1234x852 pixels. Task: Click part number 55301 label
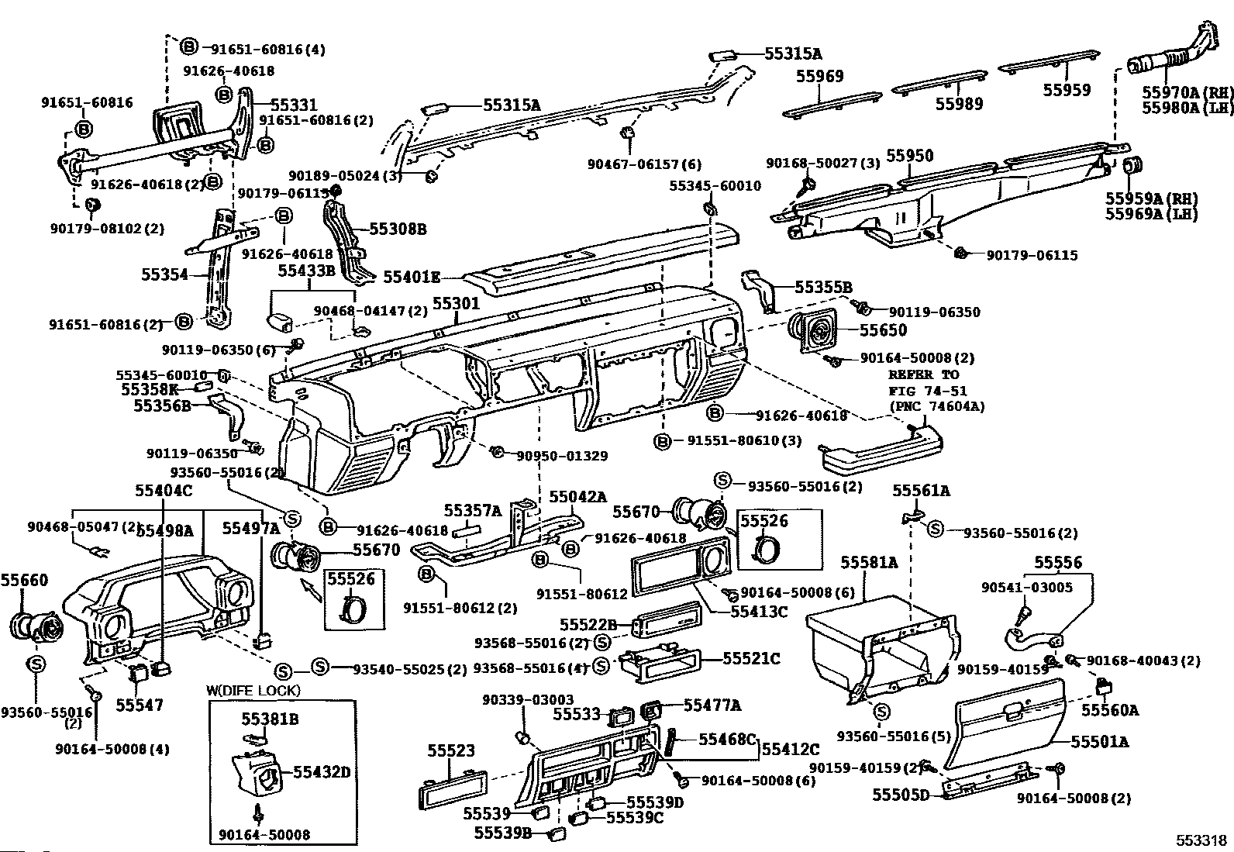(456, 305)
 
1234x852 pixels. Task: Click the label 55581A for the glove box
(869, 562)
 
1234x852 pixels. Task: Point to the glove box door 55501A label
(1100, 742)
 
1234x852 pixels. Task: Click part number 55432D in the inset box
(322, 772)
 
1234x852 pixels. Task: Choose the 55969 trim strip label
(820, 77)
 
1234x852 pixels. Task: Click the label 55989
(958, 104)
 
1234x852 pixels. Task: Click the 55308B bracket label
(398, 229)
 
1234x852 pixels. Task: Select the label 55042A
(578, 497)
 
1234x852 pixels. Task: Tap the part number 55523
(451, 751)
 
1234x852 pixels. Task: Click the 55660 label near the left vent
(24, 580)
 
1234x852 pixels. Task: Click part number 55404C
(164, 490)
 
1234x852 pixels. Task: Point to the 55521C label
(751, 658)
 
